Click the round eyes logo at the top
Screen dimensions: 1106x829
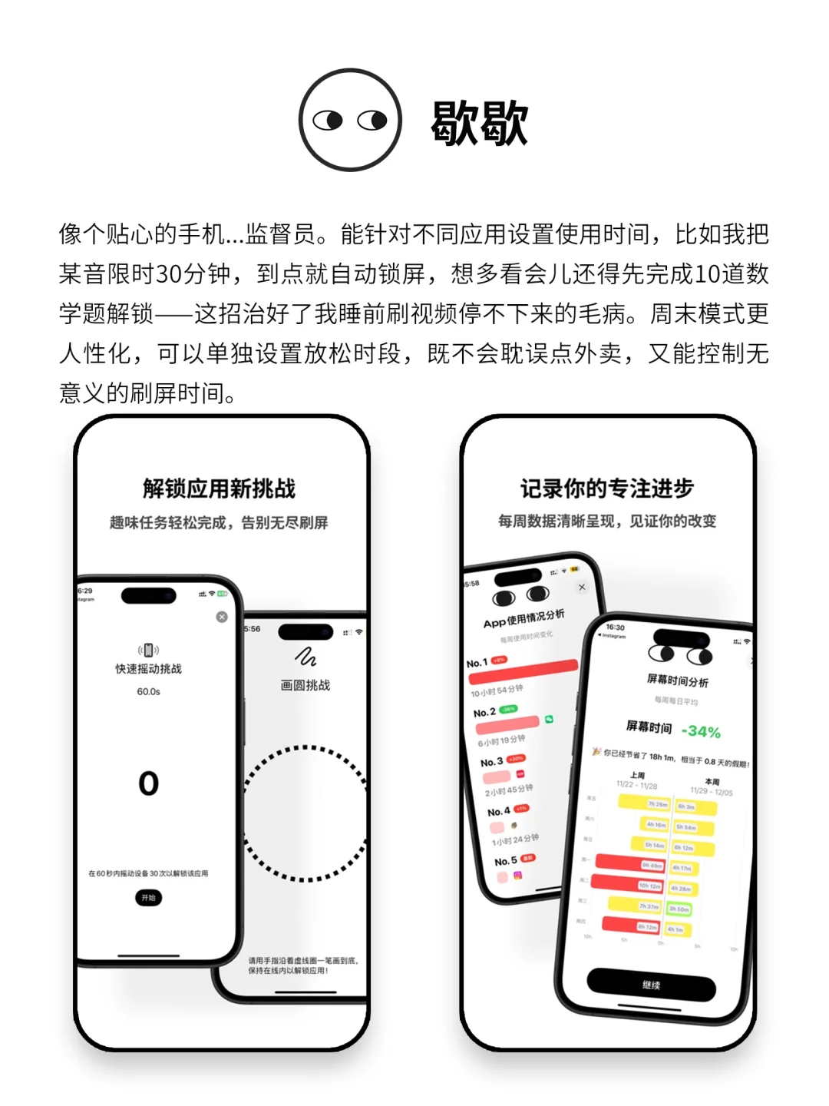[x=350, y=120]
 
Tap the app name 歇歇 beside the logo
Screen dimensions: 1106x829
[x=479, y=123]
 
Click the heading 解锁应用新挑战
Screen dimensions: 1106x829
[x=220, y=488]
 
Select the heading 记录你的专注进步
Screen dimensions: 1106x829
[x=606, y=488]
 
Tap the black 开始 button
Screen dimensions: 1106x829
[x=148, y=897]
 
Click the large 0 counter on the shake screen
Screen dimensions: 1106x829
[x=148, y=783]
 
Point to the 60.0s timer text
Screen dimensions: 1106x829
[x=148, y=691]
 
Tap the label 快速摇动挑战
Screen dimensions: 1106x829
[x=148, y=669]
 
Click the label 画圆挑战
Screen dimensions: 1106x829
[x=305, y=685]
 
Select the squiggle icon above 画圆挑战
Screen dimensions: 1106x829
[x=306, y=657]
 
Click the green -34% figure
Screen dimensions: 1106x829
[x=701, y=732]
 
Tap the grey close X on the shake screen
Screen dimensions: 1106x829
[x=222, y=617]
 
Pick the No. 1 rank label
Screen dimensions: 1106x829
[x=477, y=663]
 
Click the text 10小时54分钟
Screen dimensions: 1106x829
[x=497, y=691]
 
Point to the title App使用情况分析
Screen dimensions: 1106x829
[x=523, y=618]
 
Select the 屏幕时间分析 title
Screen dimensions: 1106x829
[x=677, y=680]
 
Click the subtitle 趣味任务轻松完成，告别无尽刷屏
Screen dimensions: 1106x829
[x=219, y=523]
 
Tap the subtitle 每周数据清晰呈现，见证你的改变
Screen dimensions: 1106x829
[x=606, y=522]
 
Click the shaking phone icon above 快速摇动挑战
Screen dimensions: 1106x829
[x=148, y=650]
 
